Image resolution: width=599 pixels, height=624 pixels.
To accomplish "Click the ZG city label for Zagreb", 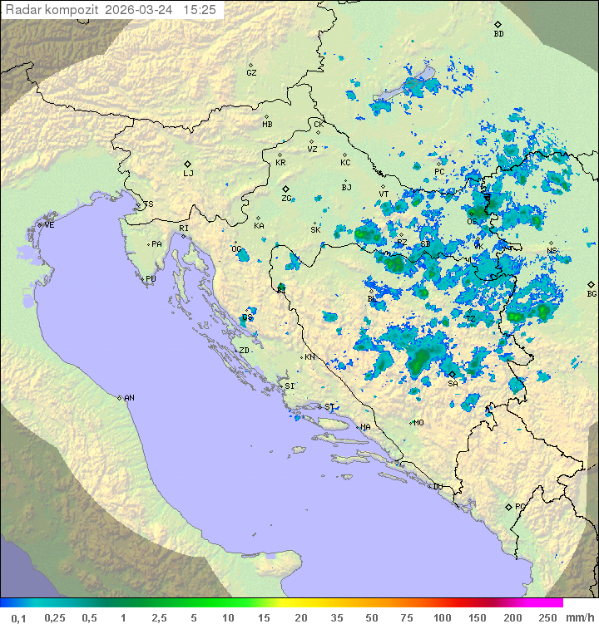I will pos(286,199).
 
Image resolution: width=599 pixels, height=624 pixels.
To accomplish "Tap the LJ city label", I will pos(188,174).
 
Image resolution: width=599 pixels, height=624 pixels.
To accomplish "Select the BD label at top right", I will pos(498,34).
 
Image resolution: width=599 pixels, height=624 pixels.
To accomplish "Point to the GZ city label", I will pos(251,73).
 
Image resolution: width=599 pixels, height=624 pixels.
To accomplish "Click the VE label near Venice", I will pos(49,225).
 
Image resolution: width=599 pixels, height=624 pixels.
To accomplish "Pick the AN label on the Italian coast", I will pos(129,398).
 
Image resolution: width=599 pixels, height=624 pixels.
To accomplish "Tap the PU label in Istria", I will pos(151,279).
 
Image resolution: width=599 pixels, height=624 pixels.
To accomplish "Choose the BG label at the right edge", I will pos(592,294).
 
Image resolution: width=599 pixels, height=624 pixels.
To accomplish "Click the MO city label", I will pos(418,423).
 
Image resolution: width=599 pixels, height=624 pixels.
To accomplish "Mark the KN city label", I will pos(309,357).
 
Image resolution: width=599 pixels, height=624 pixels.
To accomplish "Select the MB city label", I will pos(267,125).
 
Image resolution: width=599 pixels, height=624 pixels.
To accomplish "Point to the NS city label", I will pos(551,252).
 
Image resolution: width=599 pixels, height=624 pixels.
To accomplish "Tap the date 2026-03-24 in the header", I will pos(141,10).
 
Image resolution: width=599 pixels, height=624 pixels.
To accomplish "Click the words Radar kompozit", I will pos(52,10).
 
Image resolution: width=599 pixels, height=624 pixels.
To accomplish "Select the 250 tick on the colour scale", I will pos(547,617).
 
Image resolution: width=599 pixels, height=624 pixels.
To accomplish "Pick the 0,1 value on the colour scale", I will pos(18,617).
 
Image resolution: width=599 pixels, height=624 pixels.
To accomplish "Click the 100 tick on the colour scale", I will pos(442,617).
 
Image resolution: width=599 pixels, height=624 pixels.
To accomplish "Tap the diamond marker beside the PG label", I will pos(508,506).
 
